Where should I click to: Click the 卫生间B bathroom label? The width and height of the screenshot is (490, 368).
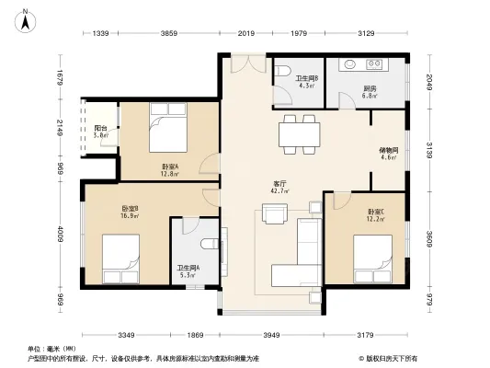click(x=307, y=79)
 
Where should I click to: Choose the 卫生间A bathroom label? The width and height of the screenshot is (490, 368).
click(x=188, y=268)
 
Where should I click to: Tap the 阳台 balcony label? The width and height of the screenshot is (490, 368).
click(x=101, y=129)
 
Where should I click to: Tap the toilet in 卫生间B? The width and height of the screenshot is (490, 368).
click(x=285, y=71)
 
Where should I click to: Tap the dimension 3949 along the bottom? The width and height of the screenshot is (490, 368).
click(x=267, y=335)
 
